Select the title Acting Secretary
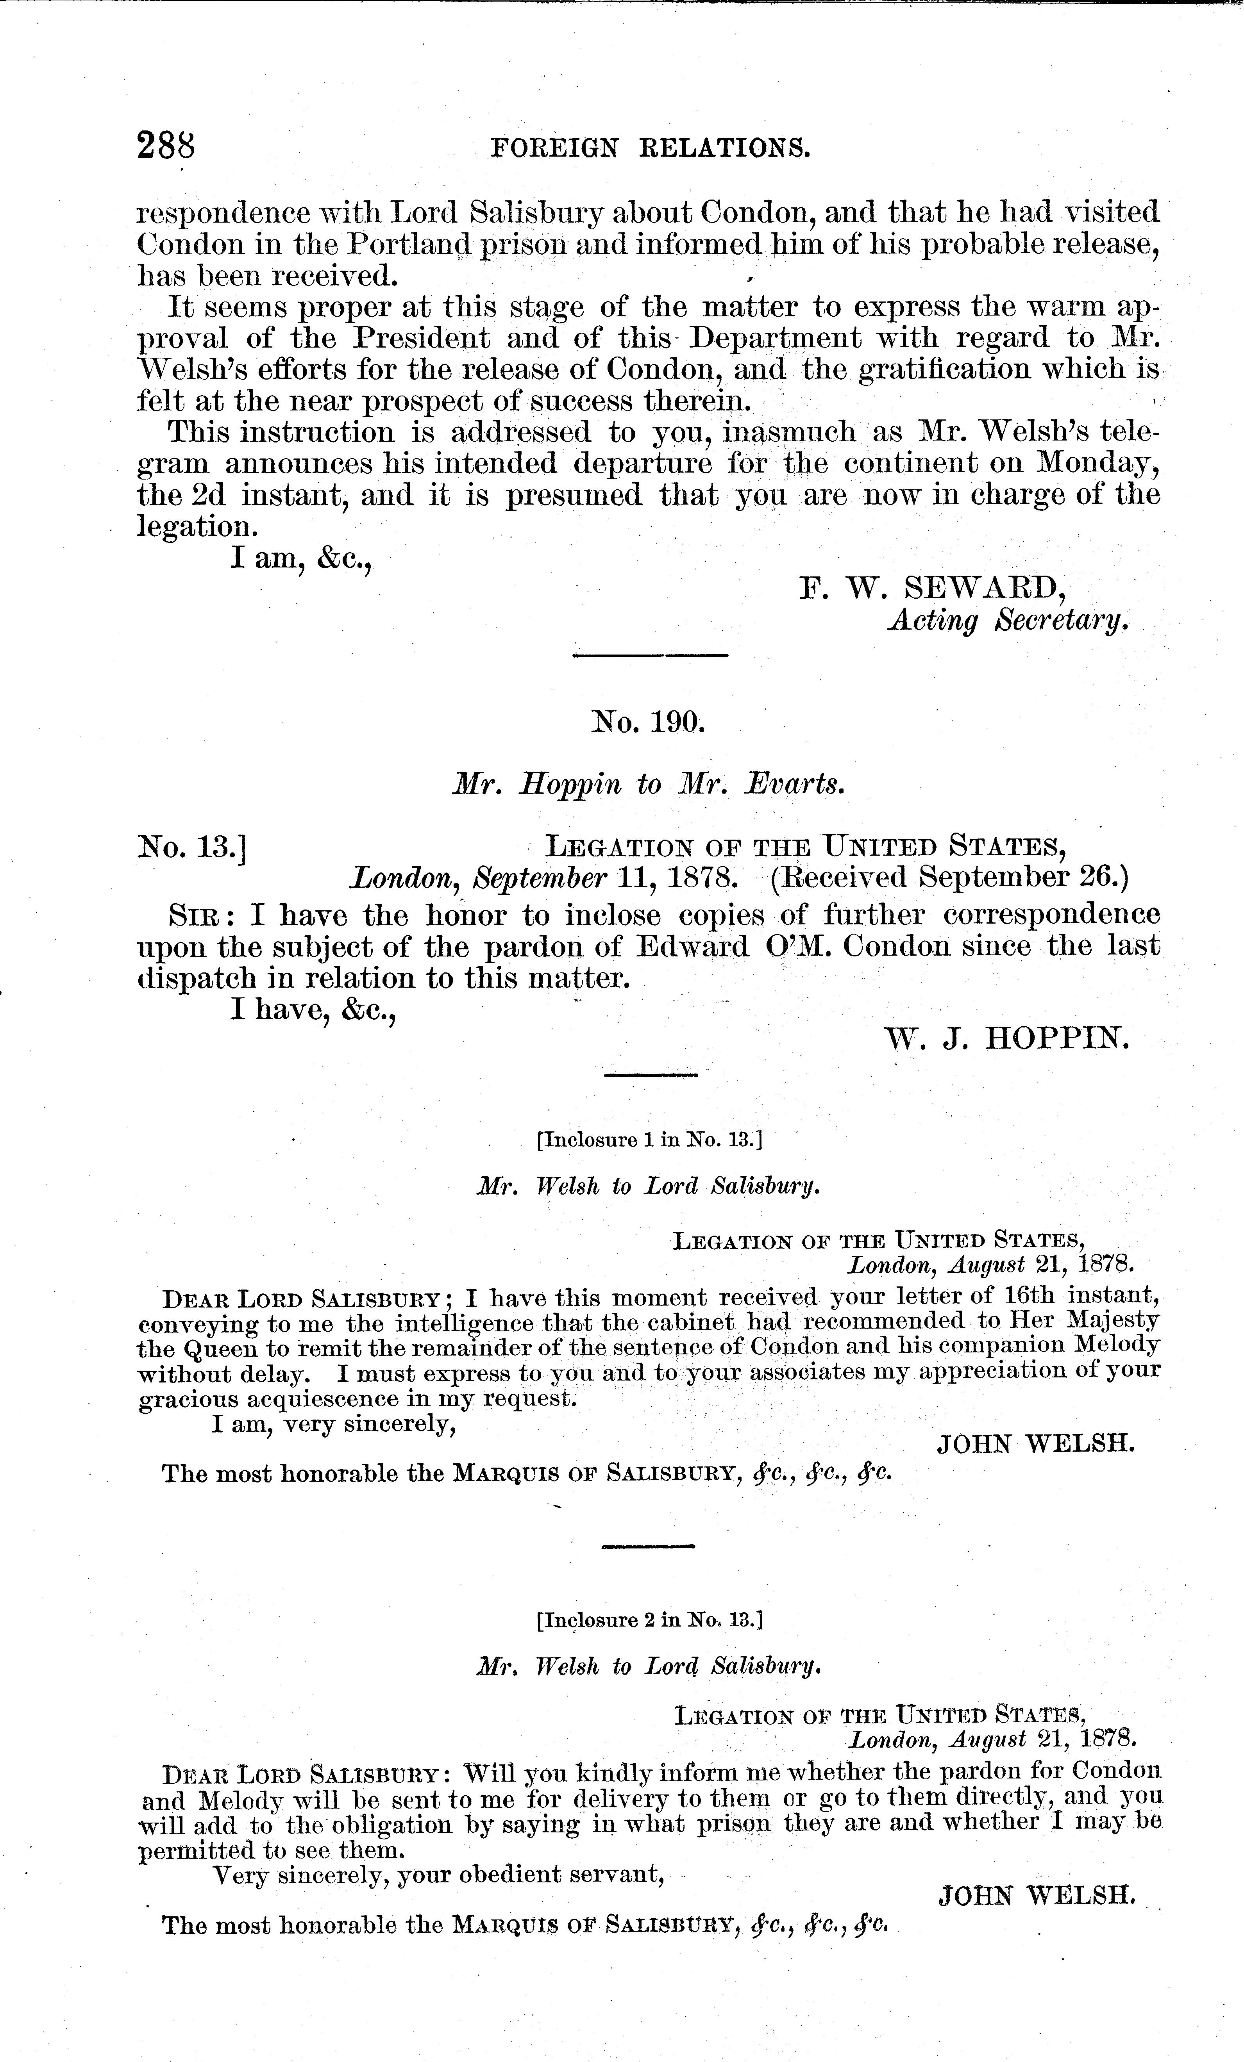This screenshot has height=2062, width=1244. pyautogui.click(x=1008, y=620)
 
